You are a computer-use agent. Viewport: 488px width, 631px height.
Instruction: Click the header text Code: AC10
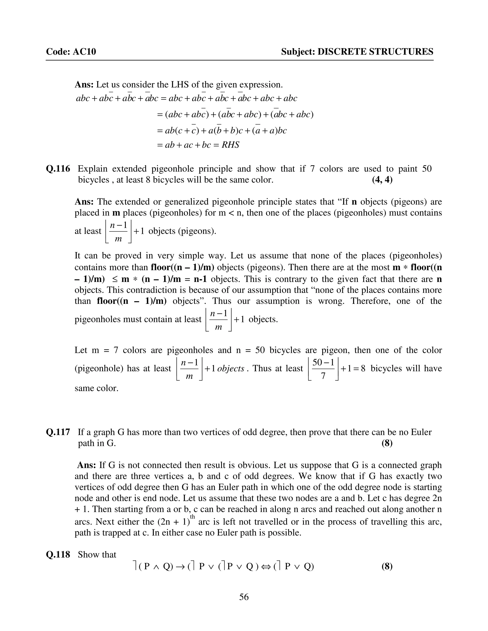[x=71, y=52]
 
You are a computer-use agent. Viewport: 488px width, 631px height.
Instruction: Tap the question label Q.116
[x=58, y=169]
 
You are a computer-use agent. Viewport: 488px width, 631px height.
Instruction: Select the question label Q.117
[x=58, y=432]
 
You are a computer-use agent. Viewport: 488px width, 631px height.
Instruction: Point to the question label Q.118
[x=58, y=554]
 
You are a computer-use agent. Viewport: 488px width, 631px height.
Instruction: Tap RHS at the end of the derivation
[x=230, y=145]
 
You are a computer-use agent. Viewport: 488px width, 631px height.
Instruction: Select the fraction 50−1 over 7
[x=323, y=369]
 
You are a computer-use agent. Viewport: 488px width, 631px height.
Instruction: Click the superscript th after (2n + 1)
[x=192, y=517]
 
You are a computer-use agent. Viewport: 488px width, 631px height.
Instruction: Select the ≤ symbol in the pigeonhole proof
[x=115, y=279]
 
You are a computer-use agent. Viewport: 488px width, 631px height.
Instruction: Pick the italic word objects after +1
[x=231, y=369]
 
